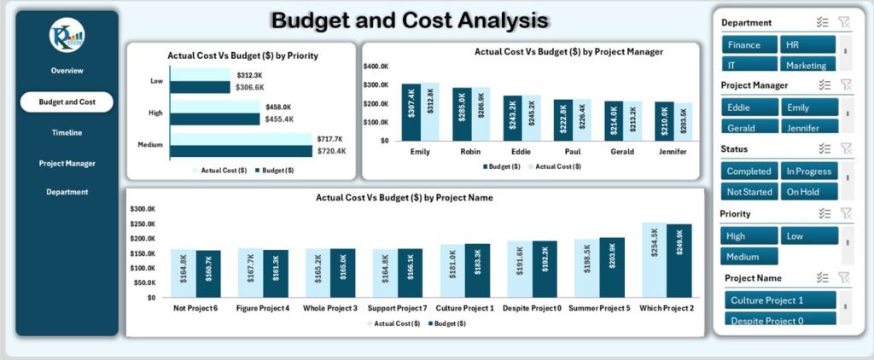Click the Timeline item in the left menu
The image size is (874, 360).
pyautogui.click(x=67, y=132)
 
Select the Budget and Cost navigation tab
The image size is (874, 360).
pyautogui.click(x=67, y=102)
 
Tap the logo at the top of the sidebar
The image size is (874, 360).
pyautogui.click(x=67, y=34)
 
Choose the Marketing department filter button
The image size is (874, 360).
pyautogui.click(x=807, y=65)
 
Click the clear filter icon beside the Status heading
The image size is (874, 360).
pyautogui.click(x=846, y=148)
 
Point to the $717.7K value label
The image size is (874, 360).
pyautogui.click(x=329, y=138)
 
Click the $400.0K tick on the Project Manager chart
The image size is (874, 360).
pyautogui.click(x=376, y=66)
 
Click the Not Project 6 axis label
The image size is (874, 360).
pyautogui.click(x=195, y=308)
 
